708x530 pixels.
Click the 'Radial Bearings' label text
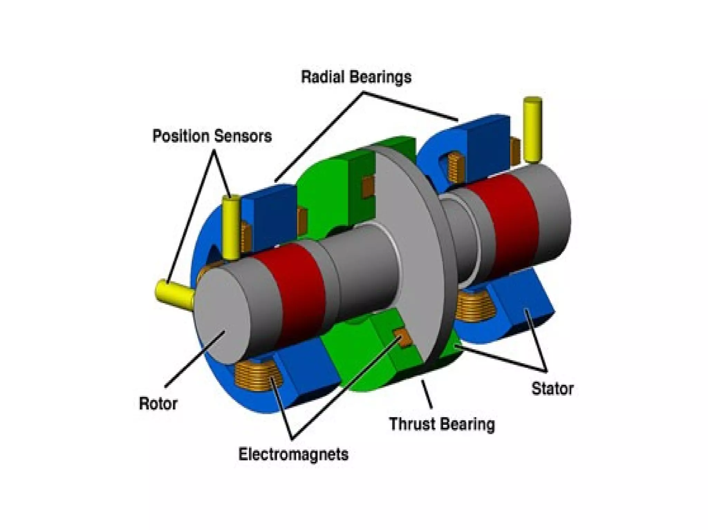(x=356, y=77)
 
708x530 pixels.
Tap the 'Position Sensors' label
(x=212, y=136)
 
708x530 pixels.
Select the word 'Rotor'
(x=158, y=404)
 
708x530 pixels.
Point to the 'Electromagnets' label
(x=293, y=454)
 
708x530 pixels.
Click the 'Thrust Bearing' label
(x=442, y=424)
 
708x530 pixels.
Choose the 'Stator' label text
(x=552, y=389)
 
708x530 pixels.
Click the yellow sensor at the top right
(x=533, y=129)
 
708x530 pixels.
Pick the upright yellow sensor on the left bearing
(x=230, y=228)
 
